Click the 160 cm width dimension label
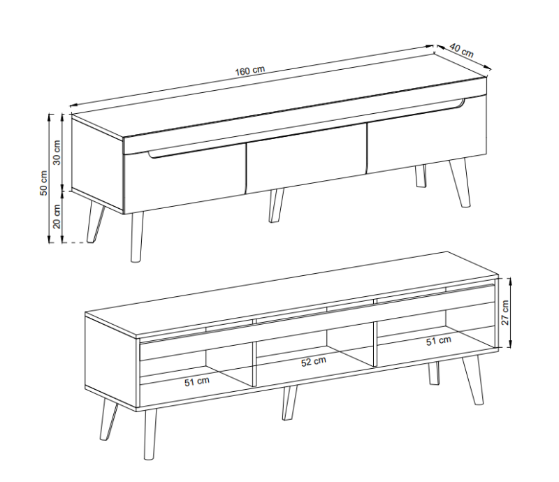click(250, 71)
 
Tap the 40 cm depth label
click(462, 50)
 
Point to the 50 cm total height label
click(43, 183)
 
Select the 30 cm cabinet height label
click(57, 152)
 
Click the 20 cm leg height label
click(57, 217)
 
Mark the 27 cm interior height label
click(505, 313)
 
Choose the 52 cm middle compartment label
click(313, 362)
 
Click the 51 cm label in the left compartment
click(197, 382)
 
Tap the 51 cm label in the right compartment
click(439, 341)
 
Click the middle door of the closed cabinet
click(307, 159)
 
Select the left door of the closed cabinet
click(184, 178)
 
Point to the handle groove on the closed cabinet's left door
click(196, 152)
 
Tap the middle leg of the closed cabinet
click(276, 205)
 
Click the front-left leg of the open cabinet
click(150, 434)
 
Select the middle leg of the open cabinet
click(289, 403)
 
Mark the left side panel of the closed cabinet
click(97, 163)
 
